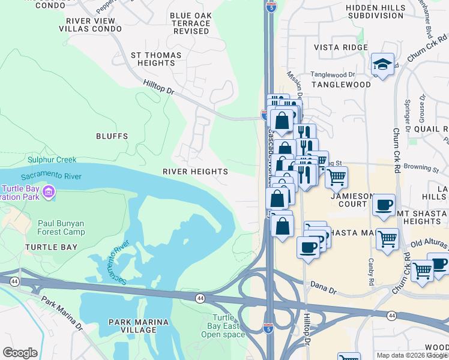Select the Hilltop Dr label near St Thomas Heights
[158, 89]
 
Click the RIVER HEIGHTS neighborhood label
[195, 172]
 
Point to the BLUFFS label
[112, 136]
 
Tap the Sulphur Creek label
[52, 160]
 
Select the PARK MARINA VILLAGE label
[139, 326]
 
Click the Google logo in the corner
[20, 353]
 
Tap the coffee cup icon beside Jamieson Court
[384, 205]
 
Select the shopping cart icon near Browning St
[336, 177]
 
